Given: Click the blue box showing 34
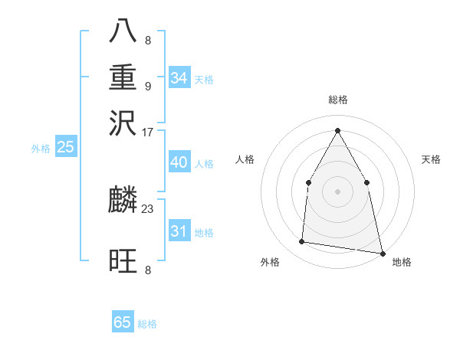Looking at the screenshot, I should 179,77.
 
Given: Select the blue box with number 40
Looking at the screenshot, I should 179,162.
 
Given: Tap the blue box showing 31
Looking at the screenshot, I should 179,231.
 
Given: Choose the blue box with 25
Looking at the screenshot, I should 66,147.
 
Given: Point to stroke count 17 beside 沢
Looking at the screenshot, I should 148,133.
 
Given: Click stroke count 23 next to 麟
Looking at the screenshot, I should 148,207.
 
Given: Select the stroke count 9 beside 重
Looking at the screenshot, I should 148,85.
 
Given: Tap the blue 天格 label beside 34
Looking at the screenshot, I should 204,79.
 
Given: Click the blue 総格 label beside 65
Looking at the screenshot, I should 147,324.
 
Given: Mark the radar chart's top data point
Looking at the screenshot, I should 337,130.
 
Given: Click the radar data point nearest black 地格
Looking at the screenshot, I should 381,252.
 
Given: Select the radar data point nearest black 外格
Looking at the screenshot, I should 302,242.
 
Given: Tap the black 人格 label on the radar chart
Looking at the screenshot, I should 245,159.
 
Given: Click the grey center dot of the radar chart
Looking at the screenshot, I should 337,191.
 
